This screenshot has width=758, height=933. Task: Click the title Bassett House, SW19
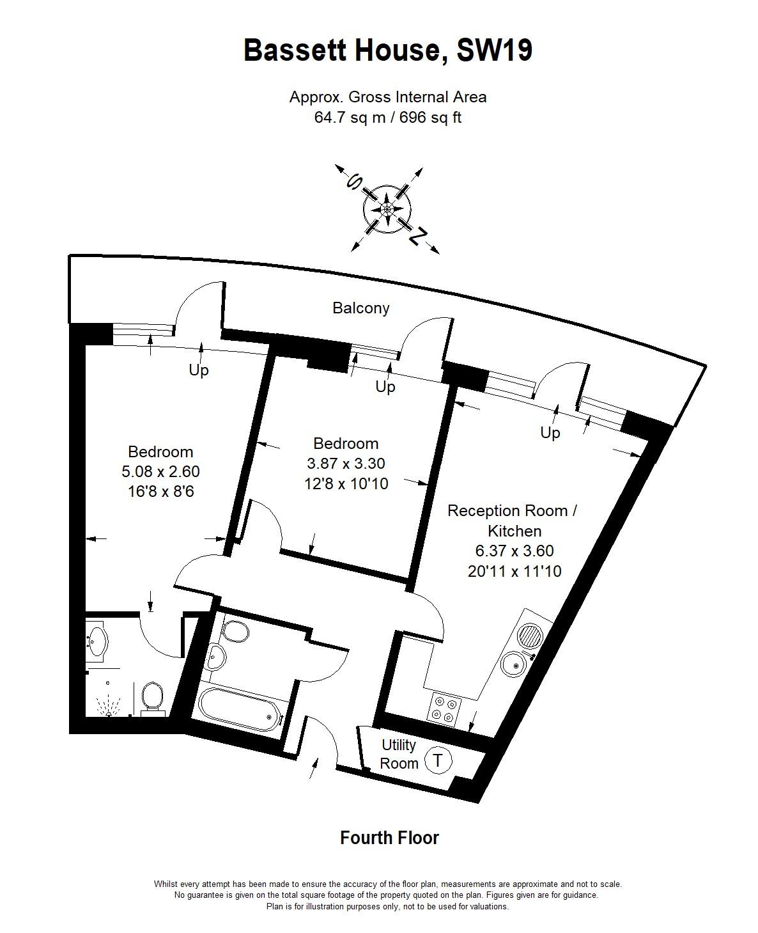click(388, 51)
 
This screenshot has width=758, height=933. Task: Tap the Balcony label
click(360, 308)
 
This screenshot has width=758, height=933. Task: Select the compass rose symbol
click(387, 209)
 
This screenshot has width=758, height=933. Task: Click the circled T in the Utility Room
click(437, 760)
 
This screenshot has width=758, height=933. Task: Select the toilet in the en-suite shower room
click(151, 700)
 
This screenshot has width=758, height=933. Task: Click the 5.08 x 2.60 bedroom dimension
click(160, 471)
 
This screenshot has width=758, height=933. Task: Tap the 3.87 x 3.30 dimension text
click(346, 463)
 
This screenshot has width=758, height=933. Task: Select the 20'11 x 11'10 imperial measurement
click(514, 571)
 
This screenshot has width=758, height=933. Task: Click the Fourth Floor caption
click(389, 838)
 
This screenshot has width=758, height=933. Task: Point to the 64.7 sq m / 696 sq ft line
click(388, 118)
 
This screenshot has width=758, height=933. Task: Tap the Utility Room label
click(399, 755)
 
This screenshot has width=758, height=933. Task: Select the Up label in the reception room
click(550, 433)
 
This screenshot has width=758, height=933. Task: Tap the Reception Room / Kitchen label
click(512, 521)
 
